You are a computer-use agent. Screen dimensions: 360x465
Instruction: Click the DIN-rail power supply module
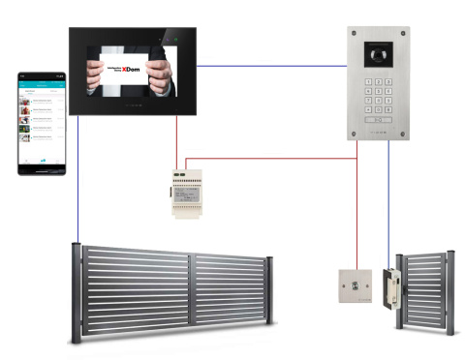[188, 190]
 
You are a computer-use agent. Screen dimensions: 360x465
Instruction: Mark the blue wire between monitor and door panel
[271, 66]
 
